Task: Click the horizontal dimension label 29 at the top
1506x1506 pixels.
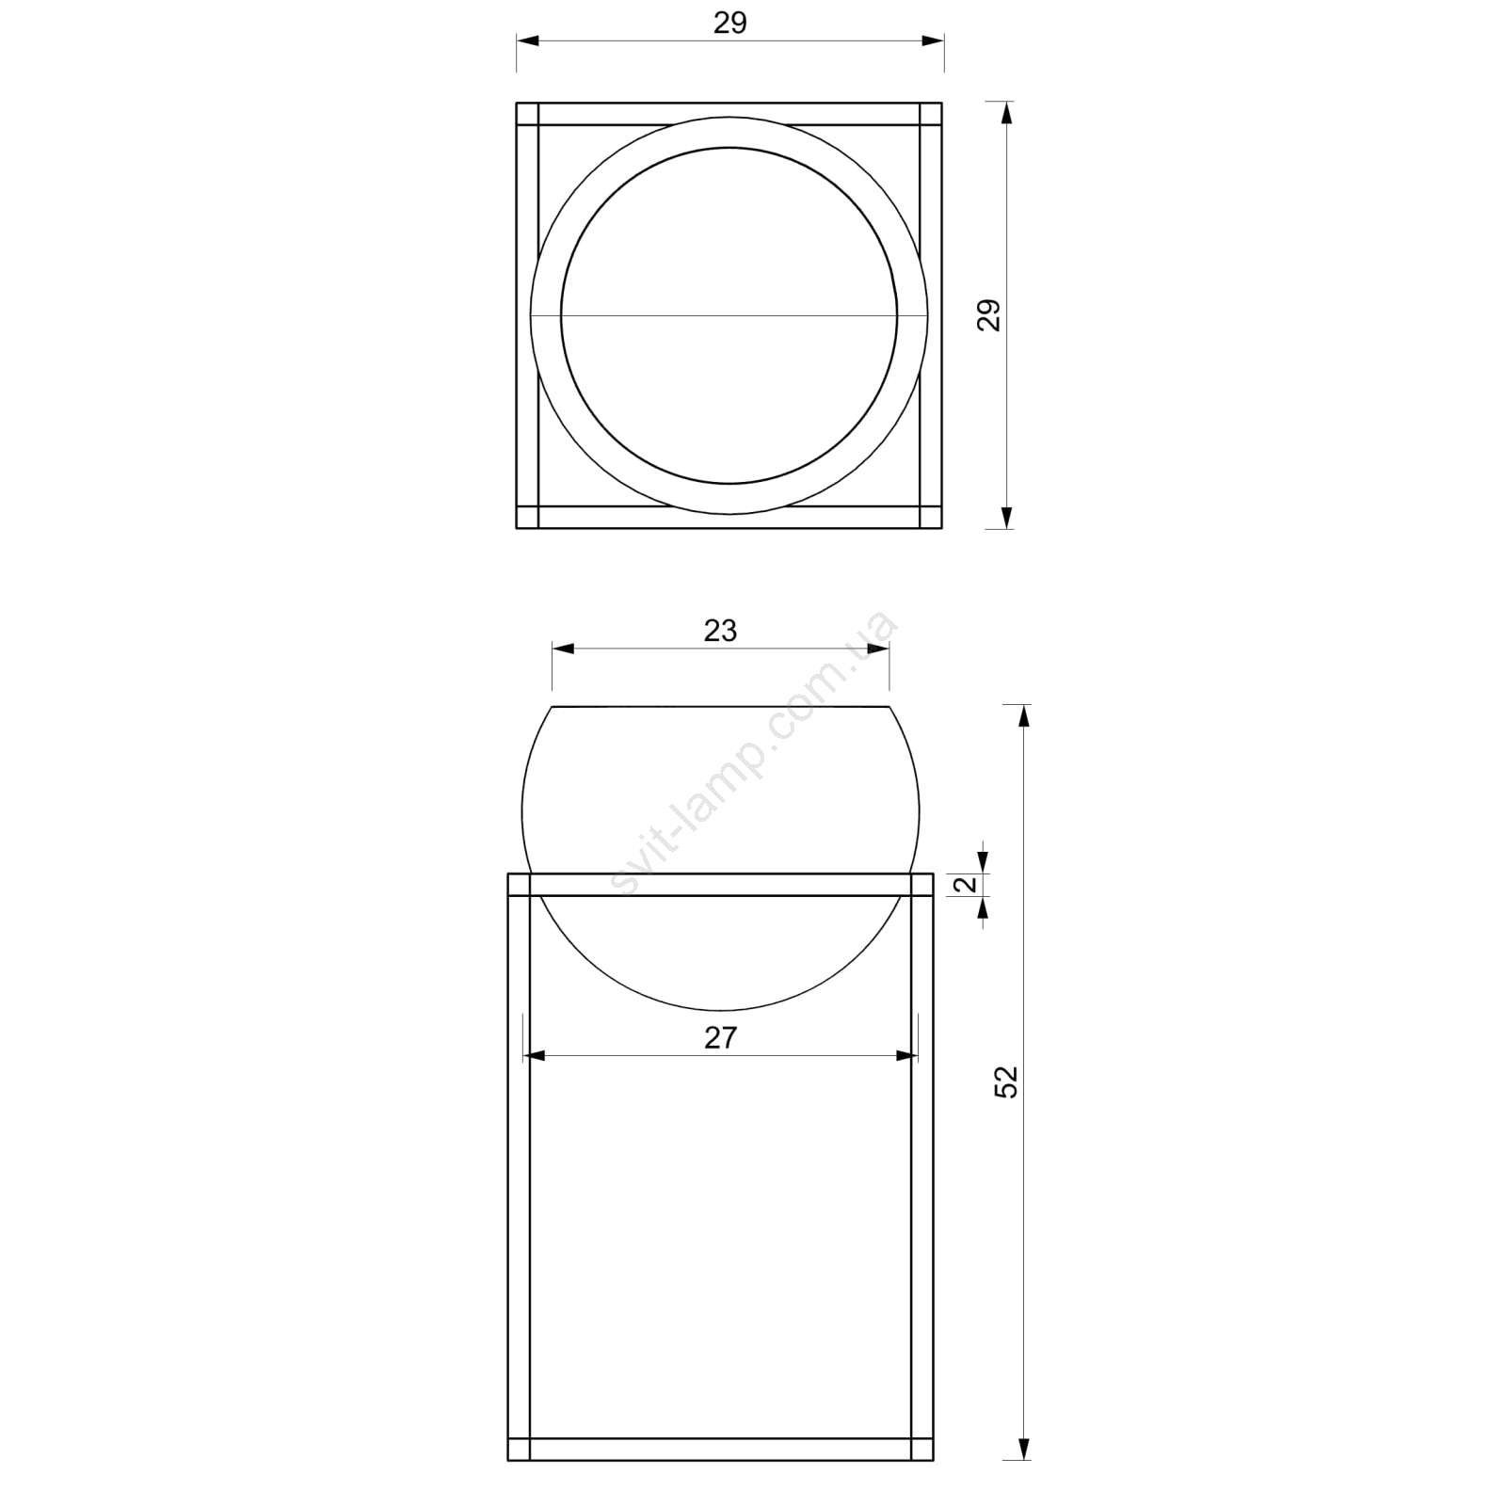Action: (x=729, y=24)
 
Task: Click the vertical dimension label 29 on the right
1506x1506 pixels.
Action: (x=988, y=315)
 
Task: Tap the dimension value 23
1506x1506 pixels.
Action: (x=720, y=631)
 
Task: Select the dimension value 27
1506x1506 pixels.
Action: (x=720, y=1037)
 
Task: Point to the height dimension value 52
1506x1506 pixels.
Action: (x=1006, y=1082)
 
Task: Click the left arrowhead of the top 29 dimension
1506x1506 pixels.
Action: (x=528, y=40)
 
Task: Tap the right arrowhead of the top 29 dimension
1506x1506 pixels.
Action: (x=932, y=40)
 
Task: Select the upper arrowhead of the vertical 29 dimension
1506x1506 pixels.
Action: (x=1006, y=113)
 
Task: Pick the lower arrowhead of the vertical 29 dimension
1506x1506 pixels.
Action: (x=1006, y=517)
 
